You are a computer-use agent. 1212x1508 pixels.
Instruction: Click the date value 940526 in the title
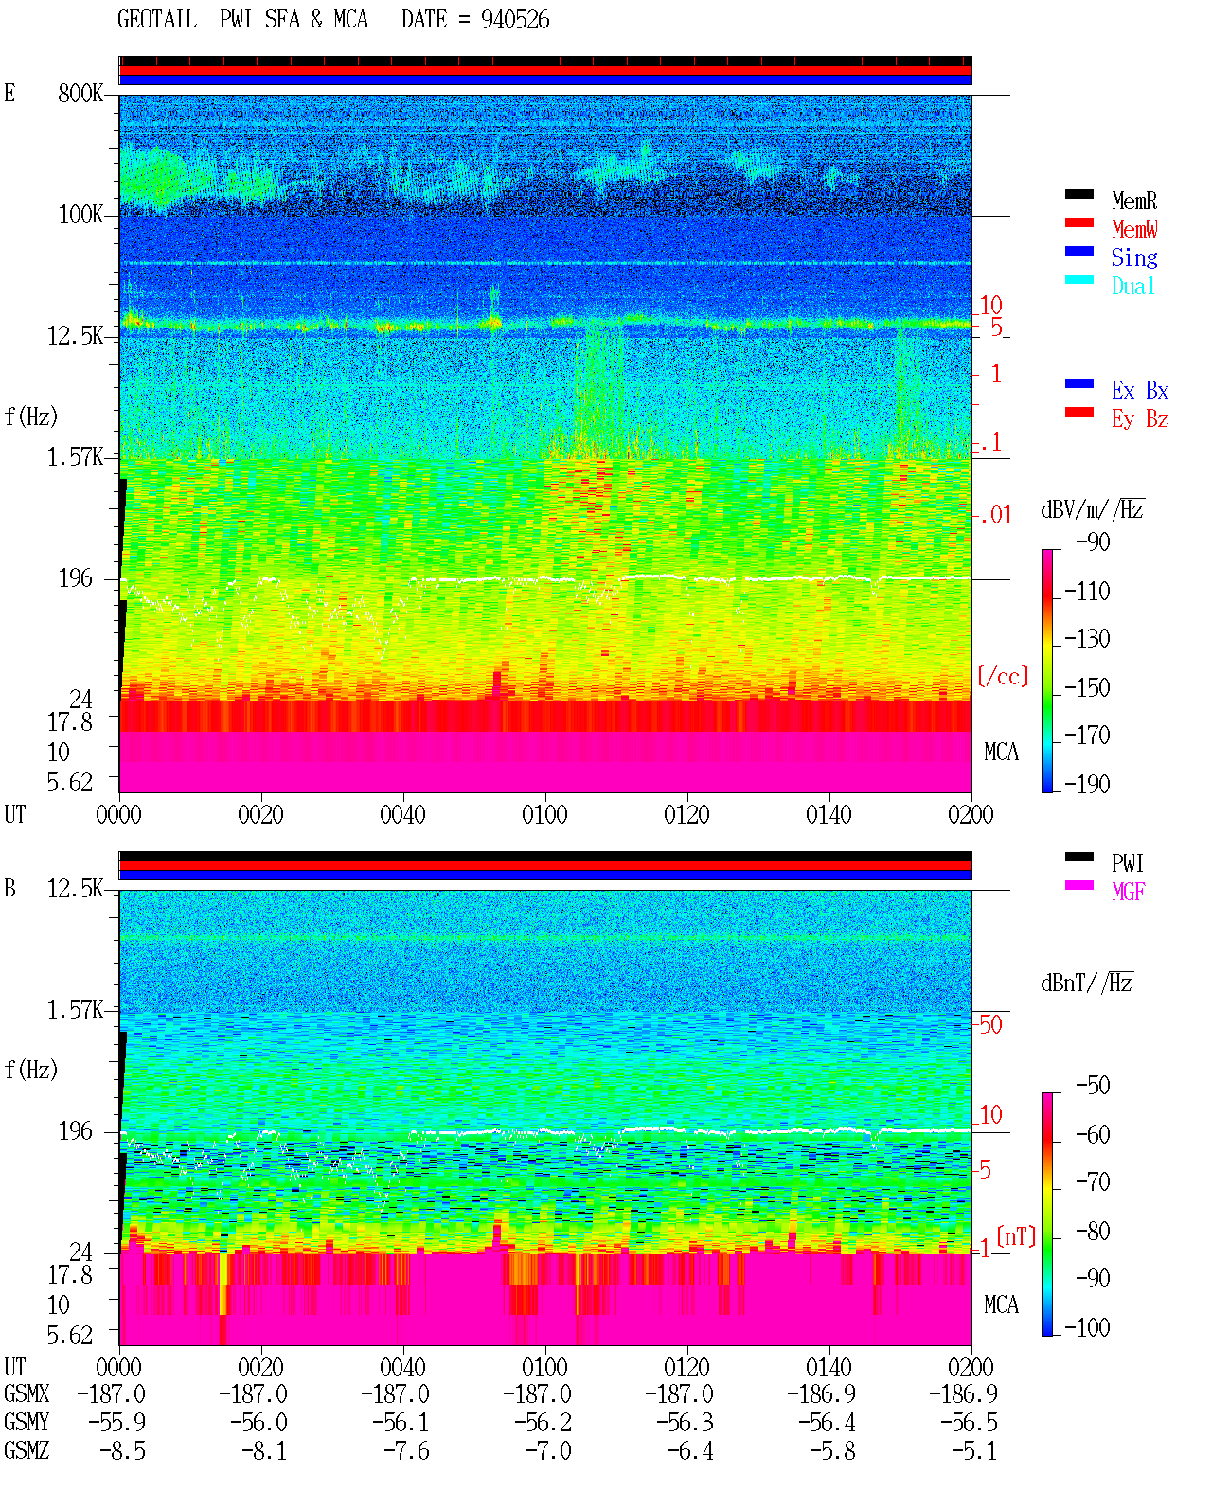515,20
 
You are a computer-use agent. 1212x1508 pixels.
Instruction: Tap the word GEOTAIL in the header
157,20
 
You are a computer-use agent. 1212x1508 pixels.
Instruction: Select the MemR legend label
1134,201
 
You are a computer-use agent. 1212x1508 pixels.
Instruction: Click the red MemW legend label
1134,229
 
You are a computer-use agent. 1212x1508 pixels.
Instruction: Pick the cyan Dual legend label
1133,286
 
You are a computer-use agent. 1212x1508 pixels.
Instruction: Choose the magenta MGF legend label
1129,892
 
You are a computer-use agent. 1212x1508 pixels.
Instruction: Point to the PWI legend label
1128,862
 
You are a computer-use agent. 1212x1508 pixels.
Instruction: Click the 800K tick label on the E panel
80,93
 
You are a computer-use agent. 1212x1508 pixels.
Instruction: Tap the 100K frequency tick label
80,215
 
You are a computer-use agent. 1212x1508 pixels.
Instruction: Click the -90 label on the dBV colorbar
1093,541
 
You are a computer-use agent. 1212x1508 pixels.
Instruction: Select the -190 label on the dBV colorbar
1087,784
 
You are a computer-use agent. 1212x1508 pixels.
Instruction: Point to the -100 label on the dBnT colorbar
1087,1327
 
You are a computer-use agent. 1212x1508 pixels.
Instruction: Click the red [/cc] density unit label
1003,676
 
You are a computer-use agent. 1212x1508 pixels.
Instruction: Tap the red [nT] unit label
1016,1236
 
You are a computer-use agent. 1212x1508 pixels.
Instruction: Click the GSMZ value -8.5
123,1450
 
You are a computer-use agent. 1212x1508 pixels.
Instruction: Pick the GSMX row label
27,1393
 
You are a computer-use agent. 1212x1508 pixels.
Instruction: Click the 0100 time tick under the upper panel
544,815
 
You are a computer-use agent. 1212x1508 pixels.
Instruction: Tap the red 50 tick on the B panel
990,1025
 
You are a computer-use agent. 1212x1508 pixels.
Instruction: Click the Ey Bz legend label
1140,418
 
